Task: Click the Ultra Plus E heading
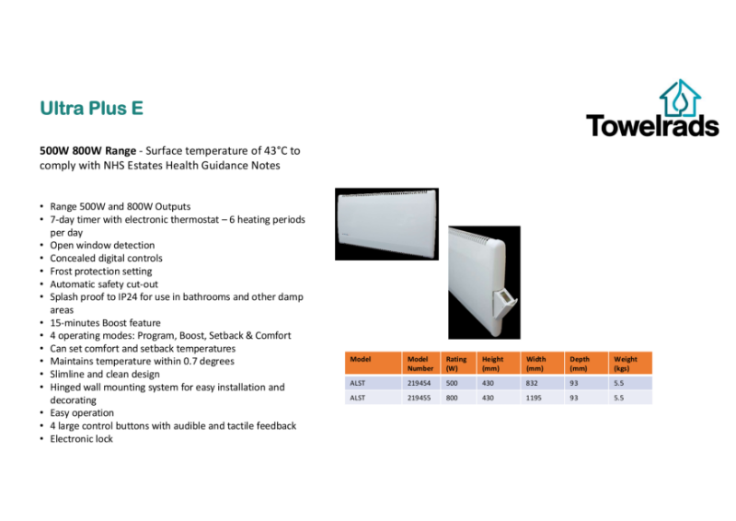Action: click(91, 108)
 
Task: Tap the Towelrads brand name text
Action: click(652, 125)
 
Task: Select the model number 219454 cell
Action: click(419, 382)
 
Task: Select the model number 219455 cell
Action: click(419, 399)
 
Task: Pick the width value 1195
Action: click(535, 399)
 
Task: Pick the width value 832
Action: click(532, 382)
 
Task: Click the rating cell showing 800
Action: click(452, 399)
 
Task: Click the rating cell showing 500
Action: click(452, 382)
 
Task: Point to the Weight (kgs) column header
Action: click(627, 363)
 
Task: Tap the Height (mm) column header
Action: click(493, 363)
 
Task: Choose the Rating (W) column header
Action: click(455, 363)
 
